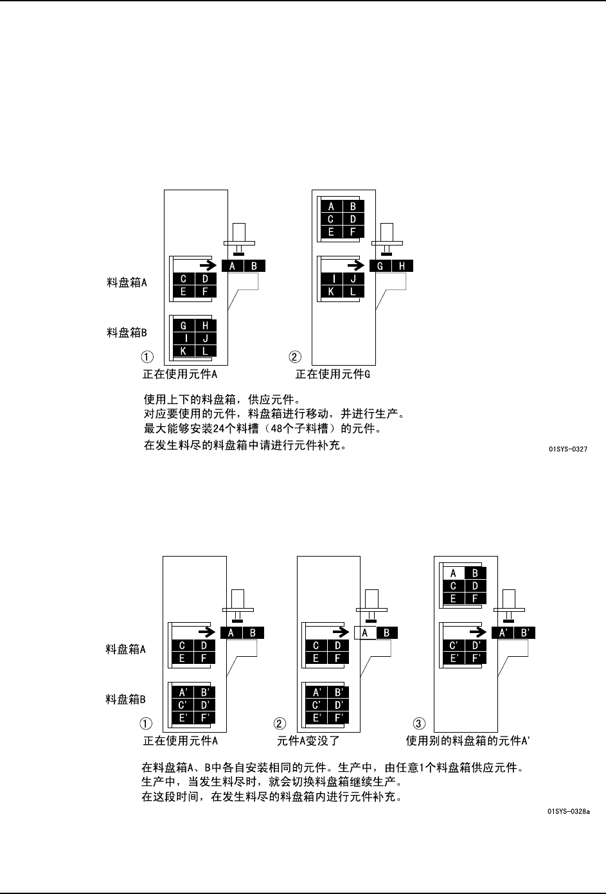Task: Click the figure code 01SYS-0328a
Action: coord(569,811)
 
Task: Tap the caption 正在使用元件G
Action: coord(333,374)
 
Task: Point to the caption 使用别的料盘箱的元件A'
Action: coord(468,740)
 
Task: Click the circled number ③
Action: coord(417,723)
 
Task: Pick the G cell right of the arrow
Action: coord(380,266)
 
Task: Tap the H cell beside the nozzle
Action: coord(402,266)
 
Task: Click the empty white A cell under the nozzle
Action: coord(365,633)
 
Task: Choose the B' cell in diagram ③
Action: coord(524,633)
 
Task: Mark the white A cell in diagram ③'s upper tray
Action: coord(454,573)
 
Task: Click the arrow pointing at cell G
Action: coord(355,265)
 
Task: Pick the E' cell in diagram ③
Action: coord(454,657)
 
